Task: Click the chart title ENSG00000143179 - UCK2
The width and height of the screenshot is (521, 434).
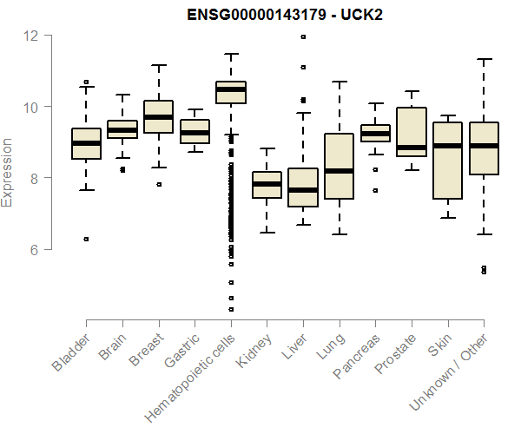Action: (x=286, y=15)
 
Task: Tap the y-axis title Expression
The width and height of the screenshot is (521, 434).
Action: (x=8, y=172)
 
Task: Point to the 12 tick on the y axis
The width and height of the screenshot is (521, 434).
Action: (x=31, y=36)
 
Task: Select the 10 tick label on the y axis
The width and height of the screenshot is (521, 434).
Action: (x=31, y=107)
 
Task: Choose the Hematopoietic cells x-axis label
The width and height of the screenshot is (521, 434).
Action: (x=188, y=372)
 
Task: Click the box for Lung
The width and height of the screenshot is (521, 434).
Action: (x=339, y=166)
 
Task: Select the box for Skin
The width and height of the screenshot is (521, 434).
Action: (x=447, y=161)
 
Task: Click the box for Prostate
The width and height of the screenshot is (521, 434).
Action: (x=411, y=132)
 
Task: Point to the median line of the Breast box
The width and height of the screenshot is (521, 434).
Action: (x=158, y=116)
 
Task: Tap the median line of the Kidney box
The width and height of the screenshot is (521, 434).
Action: (x=267, y=183)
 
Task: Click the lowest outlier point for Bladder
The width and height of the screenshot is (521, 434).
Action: (x=86, y=239)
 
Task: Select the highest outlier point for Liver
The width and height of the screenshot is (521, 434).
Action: (x=303, y=36)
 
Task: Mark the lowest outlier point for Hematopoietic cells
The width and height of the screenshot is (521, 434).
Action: (x=231, y=309)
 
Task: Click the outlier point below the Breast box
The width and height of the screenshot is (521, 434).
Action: (x=158, y=184)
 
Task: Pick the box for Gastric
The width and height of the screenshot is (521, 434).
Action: (x=195, y=132)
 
